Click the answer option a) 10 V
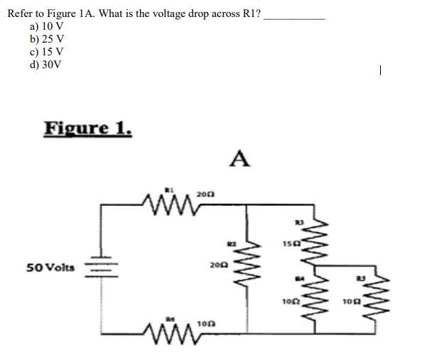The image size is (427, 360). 47,26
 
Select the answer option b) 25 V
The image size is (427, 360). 47,39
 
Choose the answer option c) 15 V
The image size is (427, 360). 47,52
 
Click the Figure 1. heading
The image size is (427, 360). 87,129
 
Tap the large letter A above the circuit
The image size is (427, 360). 240,159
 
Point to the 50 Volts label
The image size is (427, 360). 50,267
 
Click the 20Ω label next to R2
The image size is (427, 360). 218,265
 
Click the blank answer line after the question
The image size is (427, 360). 294,17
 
